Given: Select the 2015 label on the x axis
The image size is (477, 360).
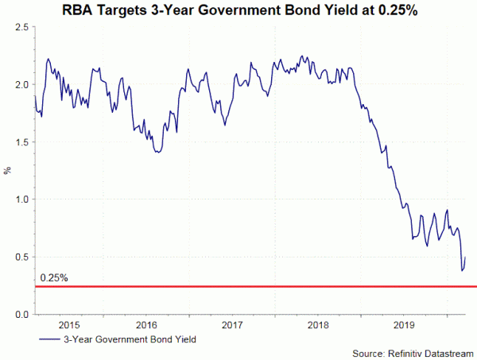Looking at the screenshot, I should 68,325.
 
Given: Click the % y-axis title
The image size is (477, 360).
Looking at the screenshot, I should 8,171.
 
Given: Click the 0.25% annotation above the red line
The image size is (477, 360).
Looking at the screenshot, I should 54,279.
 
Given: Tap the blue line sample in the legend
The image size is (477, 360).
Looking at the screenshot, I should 48,340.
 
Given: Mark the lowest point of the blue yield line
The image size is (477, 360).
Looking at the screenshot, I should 462,271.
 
